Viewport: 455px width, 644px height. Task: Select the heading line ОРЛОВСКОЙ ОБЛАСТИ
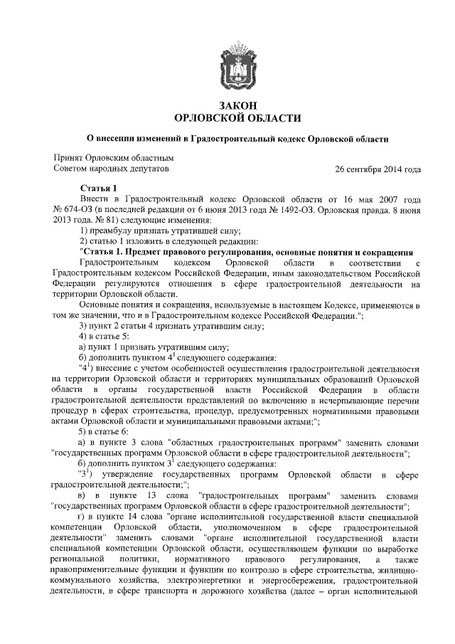[x=227, y=118]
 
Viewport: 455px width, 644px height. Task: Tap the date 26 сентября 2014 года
[x=378, y=169]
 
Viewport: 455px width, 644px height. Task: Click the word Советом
[x=74, y=169]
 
